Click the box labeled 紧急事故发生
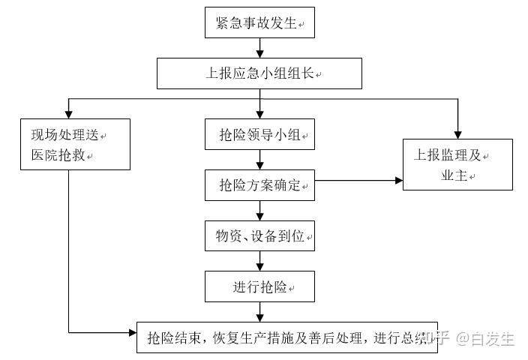pos(259,23)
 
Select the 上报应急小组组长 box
pos(259,73)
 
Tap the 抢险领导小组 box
pos(259,135)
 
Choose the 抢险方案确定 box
pos(259,184)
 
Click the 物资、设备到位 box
pos(259,235)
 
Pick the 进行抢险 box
pos(259,286)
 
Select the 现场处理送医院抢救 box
pos(68,145)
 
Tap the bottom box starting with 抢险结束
pos(285,337)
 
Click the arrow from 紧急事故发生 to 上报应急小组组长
pos(259,48)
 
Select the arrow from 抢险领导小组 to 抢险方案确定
pos(259,159)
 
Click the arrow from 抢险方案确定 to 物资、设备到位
pos(259,210)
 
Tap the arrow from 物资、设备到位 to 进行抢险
pos(259,260)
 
